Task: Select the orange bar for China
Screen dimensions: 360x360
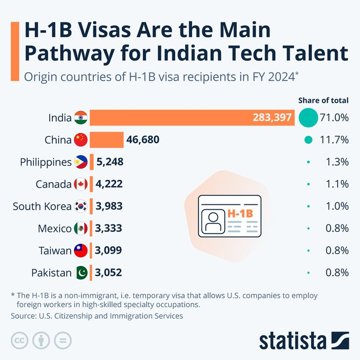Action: (x=106, y=140)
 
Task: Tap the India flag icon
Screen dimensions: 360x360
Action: (x=80, y=118)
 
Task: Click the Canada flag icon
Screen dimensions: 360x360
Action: (x=80, y=184)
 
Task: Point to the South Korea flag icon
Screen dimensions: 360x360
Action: (x=80, y=206)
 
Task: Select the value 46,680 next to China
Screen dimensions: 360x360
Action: (x=143, y=140)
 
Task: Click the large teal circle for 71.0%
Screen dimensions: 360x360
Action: (x=308, y=118)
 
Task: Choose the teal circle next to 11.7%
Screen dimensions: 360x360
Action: (x=308, y=140)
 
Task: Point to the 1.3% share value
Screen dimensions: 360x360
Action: (x=337, y=162)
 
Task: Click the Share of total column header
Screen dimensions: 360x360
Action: (x=323, y=100)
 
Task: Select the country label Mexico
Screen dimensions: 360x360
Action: (x=54, y=229)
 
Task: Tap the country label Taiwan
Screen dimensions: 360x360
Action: (x=55, y=251)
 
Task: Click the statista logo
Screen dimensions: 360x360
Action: (x=303, y=340)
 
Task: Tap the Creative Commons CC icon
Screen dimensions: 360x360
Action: (x=20, y=340)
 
